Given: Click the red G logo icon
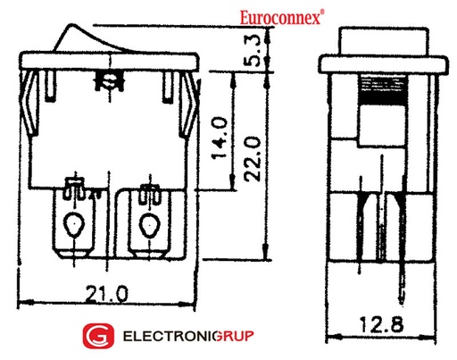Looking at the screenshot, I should [x=96, y=337].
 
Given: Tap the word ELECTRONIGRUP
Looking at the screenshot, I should [x=187, y=337].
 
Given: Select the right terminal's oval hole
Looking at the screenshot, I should [x=147, y=225].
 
